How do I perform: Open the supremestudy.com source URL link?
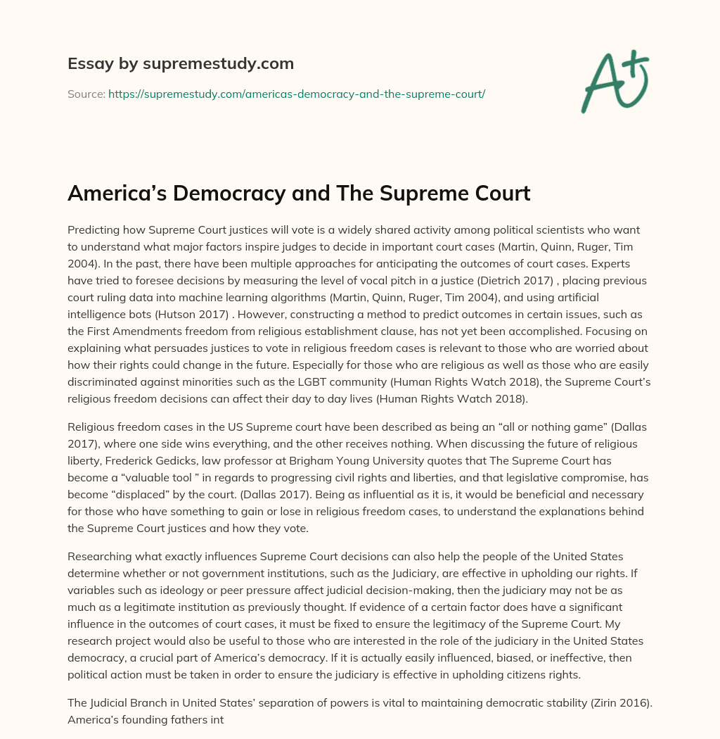tap(296, 94)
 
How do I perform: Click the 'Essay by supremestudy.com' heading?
tap(181, 64)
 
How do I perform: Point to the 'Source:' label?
tap(86, 94)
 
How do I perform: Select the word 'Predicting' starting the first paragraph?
tap(94, 230)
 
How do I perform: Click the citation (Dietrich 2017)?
tap(533, 280)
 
